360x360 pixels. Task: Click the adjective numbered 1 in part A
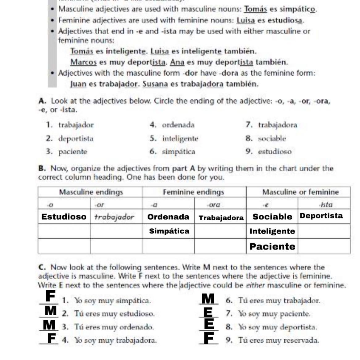point(76,125)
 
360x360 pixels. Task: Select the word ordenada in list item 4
point(178,125)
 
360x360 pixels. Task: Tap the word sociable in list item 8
point(272,139)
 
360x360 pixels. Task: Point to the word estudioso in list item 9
point(275,151)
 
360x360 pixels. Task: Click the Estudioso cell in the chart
point(64,217)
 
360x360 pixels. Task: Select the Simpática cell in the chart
point(169,231)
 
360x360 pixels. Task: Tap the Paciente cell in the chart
point(272,246)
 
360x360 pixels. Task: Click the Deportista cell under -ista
point(321,216)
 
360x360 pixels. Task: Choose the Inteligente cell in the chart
point(272,231)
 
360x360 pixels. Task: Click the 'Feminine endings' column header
point(193,192)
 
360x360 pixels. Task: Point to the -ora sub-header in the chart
point(213,205)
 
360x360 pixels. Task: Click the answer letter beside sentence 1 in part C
point(51,296)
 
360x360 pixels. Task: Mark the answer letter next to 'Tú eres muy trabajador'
point(208,299)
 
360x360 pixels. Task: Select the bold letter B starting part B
point(42,168)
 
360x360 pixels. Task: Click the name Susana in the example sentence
point(155,84)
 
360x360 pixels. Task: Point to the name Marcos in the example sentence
point(84,62)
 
